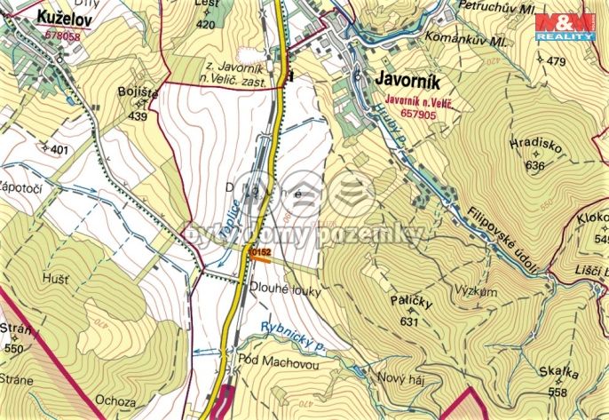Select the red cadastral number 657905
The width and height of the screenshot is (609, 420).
pyautogui.click(x=418, y=114)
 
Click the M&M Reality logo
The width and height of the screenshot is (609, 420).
pyautogui.click(x=565, y=26)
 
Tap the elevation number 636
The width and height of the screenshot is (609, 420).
pyautogui.click(x=534, y=164)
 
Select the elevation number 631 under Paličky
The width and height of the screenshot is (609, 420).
pyautogui.click(x=408, y=321)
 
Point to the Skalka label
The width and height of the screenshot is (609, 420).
pyautogui.click(x=557, y=374)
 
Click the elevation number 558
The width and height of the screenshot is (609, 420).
pyautogui.click(x=557, y=392)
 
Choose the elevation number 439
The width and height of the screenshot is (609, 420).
pyautogui.click(x=137, y=115)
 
